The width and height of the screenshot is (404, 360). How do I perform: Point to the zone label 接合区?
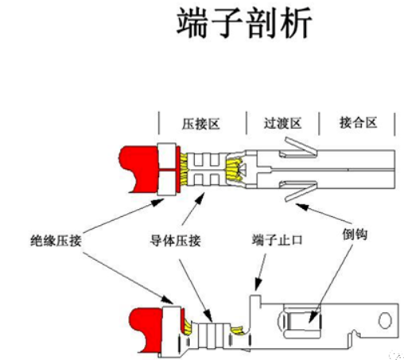(356, 124)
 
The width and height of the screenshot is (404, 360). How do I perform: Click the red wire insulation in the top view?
(138, 168)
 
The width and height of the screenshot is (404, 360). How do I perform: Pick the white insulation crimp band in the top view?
(167, 168)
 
